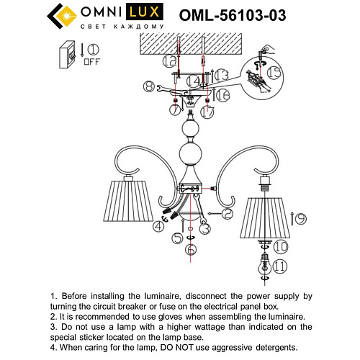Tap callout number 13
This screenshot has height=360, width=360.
[x=222, y=75]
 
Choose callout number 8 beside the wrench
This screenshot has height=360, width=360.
[x=150, y=87]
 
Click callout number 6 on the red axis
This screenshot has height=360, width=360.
[x=191, y=249]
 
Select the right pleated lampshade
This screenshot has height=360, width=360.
[x=266, y=217]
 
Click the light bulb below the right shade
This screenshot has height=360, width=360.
[x=264, y=266]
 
